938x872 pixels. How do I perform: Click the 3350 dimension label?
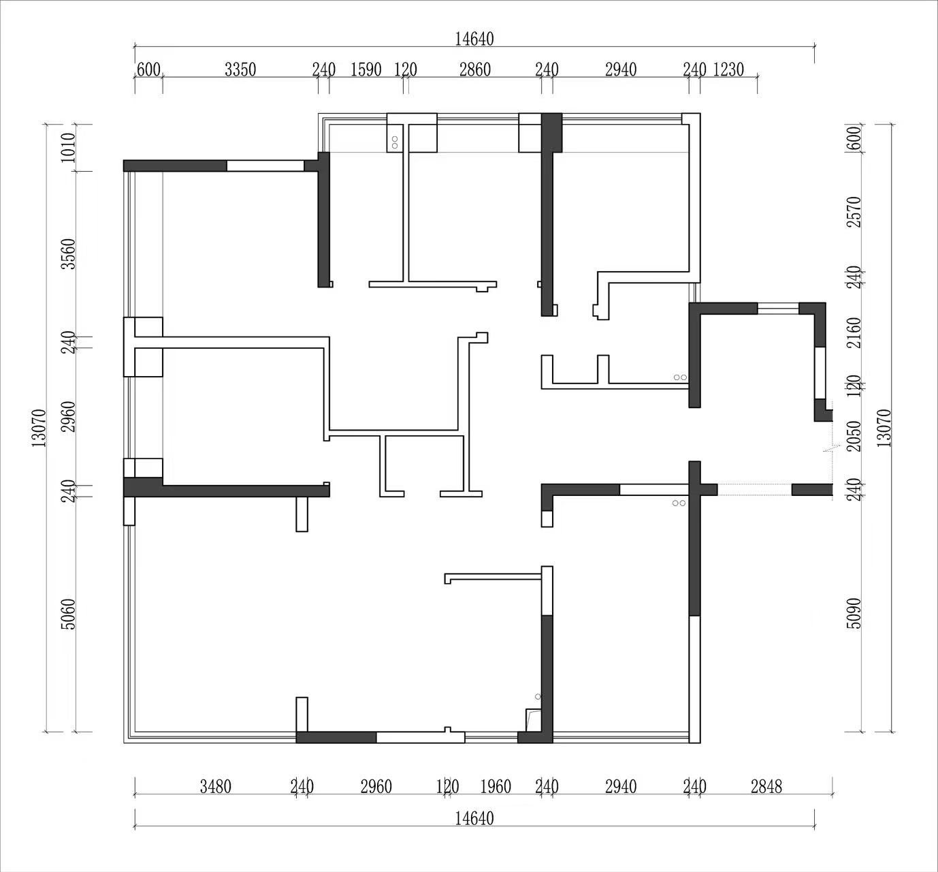[240, 70]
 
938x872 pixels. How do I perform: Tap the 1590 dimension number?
[366, 70]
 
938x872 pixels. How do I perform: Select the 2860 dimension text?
[475, 70]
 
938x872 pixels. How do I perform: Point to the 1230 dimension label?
[728, 70]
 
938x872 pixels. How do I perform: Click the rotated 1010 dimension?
[69, 148]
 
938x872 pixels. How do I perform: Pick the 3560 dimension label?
[69, 254]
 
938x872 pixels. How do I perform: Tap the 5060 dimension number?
[69, 614]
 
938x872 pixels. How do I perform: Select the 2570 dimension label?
[854, 212]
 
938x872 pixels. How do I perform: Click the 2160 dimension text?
[854, 333]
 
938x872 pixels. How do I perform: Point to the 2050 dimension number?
[854, 436]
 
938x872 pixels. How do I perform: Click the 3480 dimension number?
[215, 787]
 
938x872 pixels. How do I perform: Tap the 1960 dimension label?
[496, 787]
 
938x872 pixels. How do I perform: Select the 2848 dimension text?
[766, 787]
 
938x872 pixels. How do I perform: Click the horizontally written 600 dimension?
[149, 70]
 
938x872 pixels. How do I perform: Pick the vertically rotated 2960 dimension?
[69, 417]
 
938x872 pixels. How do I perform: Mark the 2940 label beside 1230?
[621, 70]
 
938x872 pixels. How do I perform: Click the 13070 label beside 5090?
[884, 428]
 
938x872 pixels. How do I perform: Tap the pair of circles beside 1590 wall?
[395, 142]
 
